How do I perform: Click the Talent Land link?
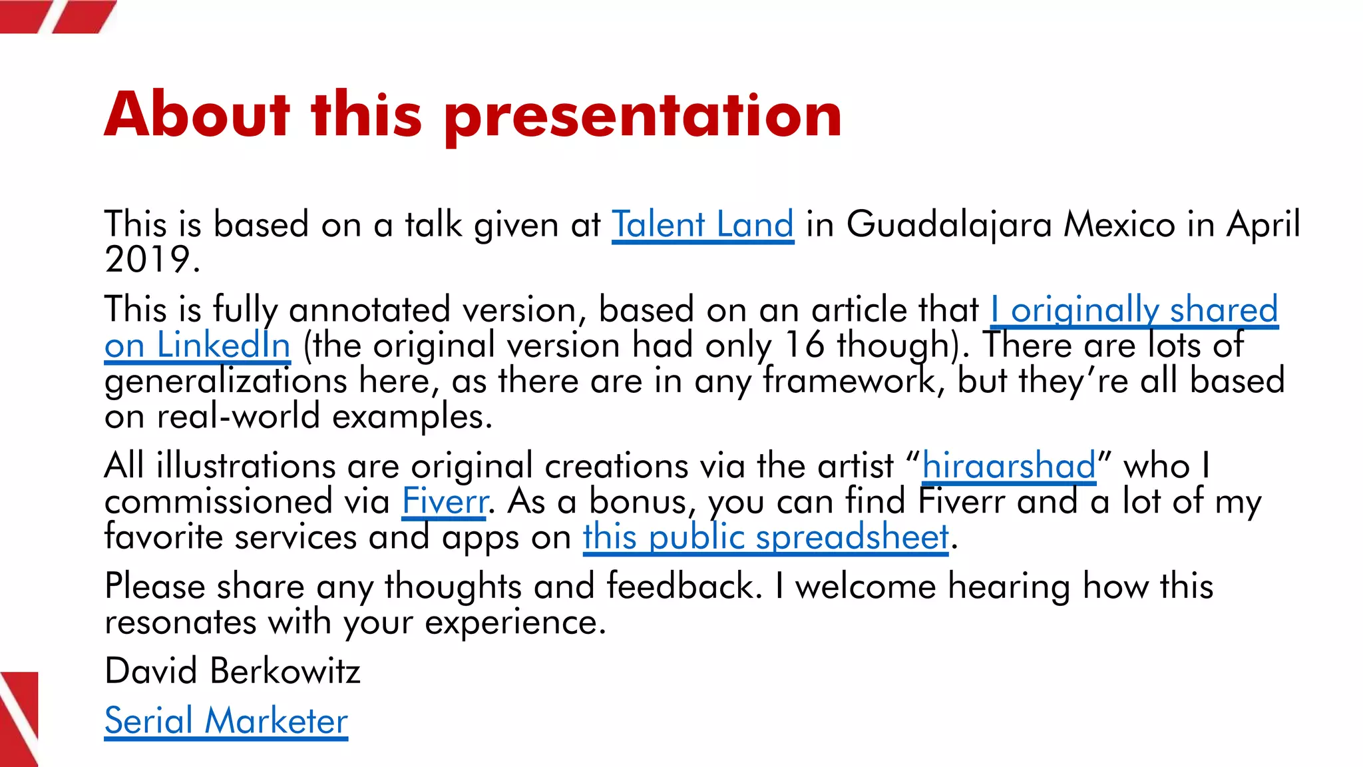coord(702,224)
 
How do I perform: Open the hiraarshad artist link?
coord(1008,465)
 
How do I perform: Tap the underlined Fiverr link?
coord(445,501)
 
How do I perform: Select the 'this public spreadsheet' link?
coord(765,537)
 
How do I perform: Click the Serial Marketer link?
coord(226,721)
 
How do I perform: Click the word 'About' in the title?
coord(197,115)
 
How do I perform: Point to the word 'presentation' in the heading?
coord(643,117)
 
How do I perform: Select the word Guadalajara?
coord(949,224)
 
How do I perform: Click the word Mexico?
coord(1119,224)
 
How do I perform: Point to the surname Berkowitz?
coord(284,671)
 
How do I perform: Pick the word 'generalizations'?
coord(226,382)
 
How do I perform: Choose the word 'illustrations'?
coord(246,465)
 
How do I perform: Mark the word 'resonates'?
coord(180,623)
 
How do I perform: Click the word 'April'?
coord(1263,224)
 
